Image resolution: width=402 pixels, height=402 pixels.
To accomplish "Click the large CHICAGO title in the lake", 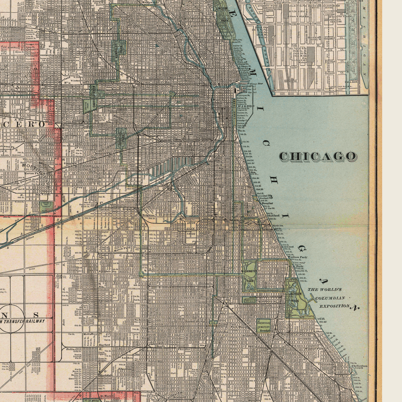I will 318,156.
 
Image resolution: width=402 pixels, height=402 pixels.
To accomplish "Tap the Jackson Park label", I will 295,297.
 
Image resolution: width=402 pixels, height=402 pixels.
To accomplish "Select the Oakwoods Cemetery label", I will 264,325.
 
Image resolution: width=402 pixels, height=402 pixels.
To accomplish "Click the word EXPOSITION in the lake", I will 334,306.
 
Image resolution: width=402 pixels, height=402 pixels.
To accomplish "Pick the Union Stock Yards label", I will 191,228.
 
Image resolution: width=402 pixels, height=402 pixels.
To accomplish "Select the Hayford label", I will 105,344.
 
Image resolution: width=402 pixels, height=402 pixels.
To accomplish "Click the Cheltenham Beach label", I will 359,367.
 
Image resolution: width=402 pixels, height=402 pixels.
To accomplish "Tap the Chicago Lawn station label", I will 107,301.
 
